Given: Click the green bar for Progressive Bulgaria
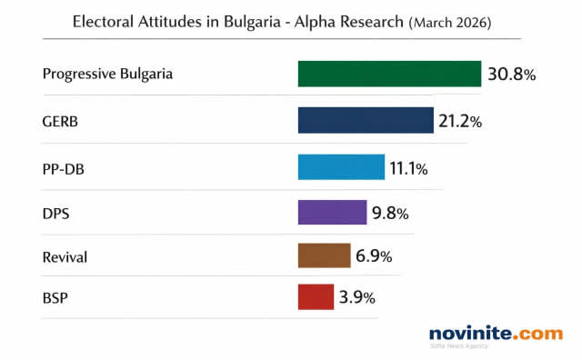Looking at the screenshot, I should [x=389, y=74].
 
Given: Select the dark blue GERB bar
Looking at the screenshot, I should [x=366, y=120].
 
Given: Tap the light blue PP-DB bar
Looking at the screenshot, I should [x=341, y=167].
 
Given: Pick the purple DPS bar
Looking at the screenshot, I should [x=332, y=213].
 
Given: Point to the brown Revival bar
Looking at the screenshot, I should [x=324, y=255].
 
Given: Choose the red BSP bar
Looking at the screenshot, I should [x=316, y=297].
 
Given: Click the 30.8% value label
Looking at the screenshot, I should [x=511, y=75].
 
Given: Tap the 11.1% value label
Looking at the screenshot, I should [x=408, y=168].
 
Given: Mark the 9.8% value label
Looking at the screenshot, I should [x=390, y=214].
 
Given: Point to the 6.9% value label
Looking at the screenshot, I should [x=374, y=256].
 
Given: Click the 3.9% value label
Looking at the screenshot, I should [x=356, y=298].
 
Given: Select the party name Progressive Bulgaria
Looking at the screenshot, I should [x=107, y=74].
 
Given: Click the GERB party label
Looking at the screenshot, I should [x=61, y=120].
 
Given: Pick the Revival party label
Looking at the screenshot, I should [x=65, y=256].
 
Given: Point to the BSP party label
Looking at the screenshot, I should [x=55, y=297].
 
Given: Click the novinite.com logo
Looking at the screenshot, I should [x=496, y=335].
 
